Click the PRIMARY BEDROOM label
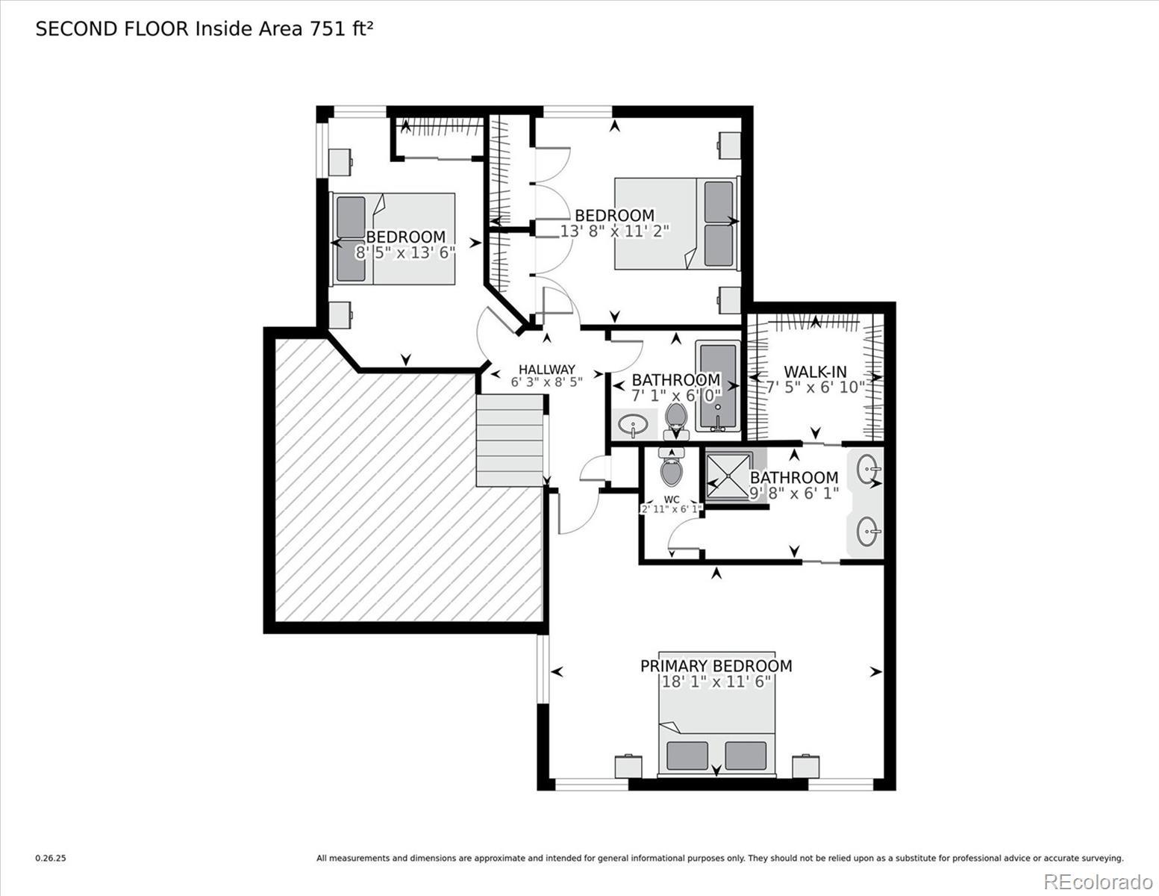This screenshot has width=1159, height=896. [716, 666]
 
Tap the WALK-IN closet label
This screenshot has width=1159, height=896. [815, 371]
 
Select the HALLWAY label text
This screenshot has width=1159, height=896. [547, 370]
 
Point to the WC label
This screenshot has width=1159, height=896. [672, 500]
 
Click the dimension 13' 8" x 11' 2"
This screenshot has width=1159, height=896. [614, 231]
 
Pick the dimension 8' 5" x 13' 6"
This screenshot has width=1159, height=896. [405, 252]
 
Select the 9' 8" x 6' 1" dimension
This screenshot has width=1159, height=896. [794, 493]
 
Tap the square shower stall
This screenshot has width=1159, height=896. [730, 476]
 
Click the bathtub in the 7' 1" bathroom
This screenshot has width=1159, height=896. [718, 386]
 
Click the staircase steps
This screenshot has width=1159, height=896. [510, 441]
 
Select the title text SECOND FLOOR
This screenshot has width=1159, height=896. [112, 29]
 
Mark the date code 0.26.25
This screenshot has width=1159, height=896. [51, 859]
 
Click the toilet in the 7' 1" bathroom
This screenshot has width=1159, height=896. [677, 421]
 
